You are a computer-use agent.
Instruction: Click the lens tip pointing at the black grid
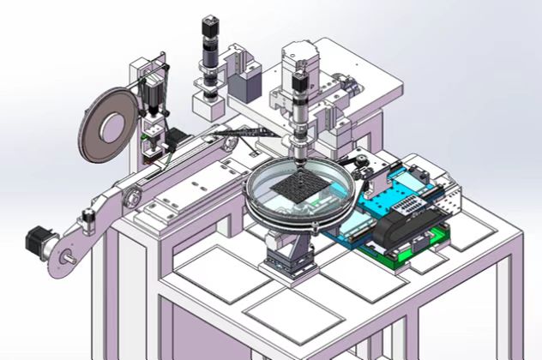tap(300, 158)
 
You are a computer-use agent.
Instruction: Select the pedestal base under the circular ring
tap(292, 256)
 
